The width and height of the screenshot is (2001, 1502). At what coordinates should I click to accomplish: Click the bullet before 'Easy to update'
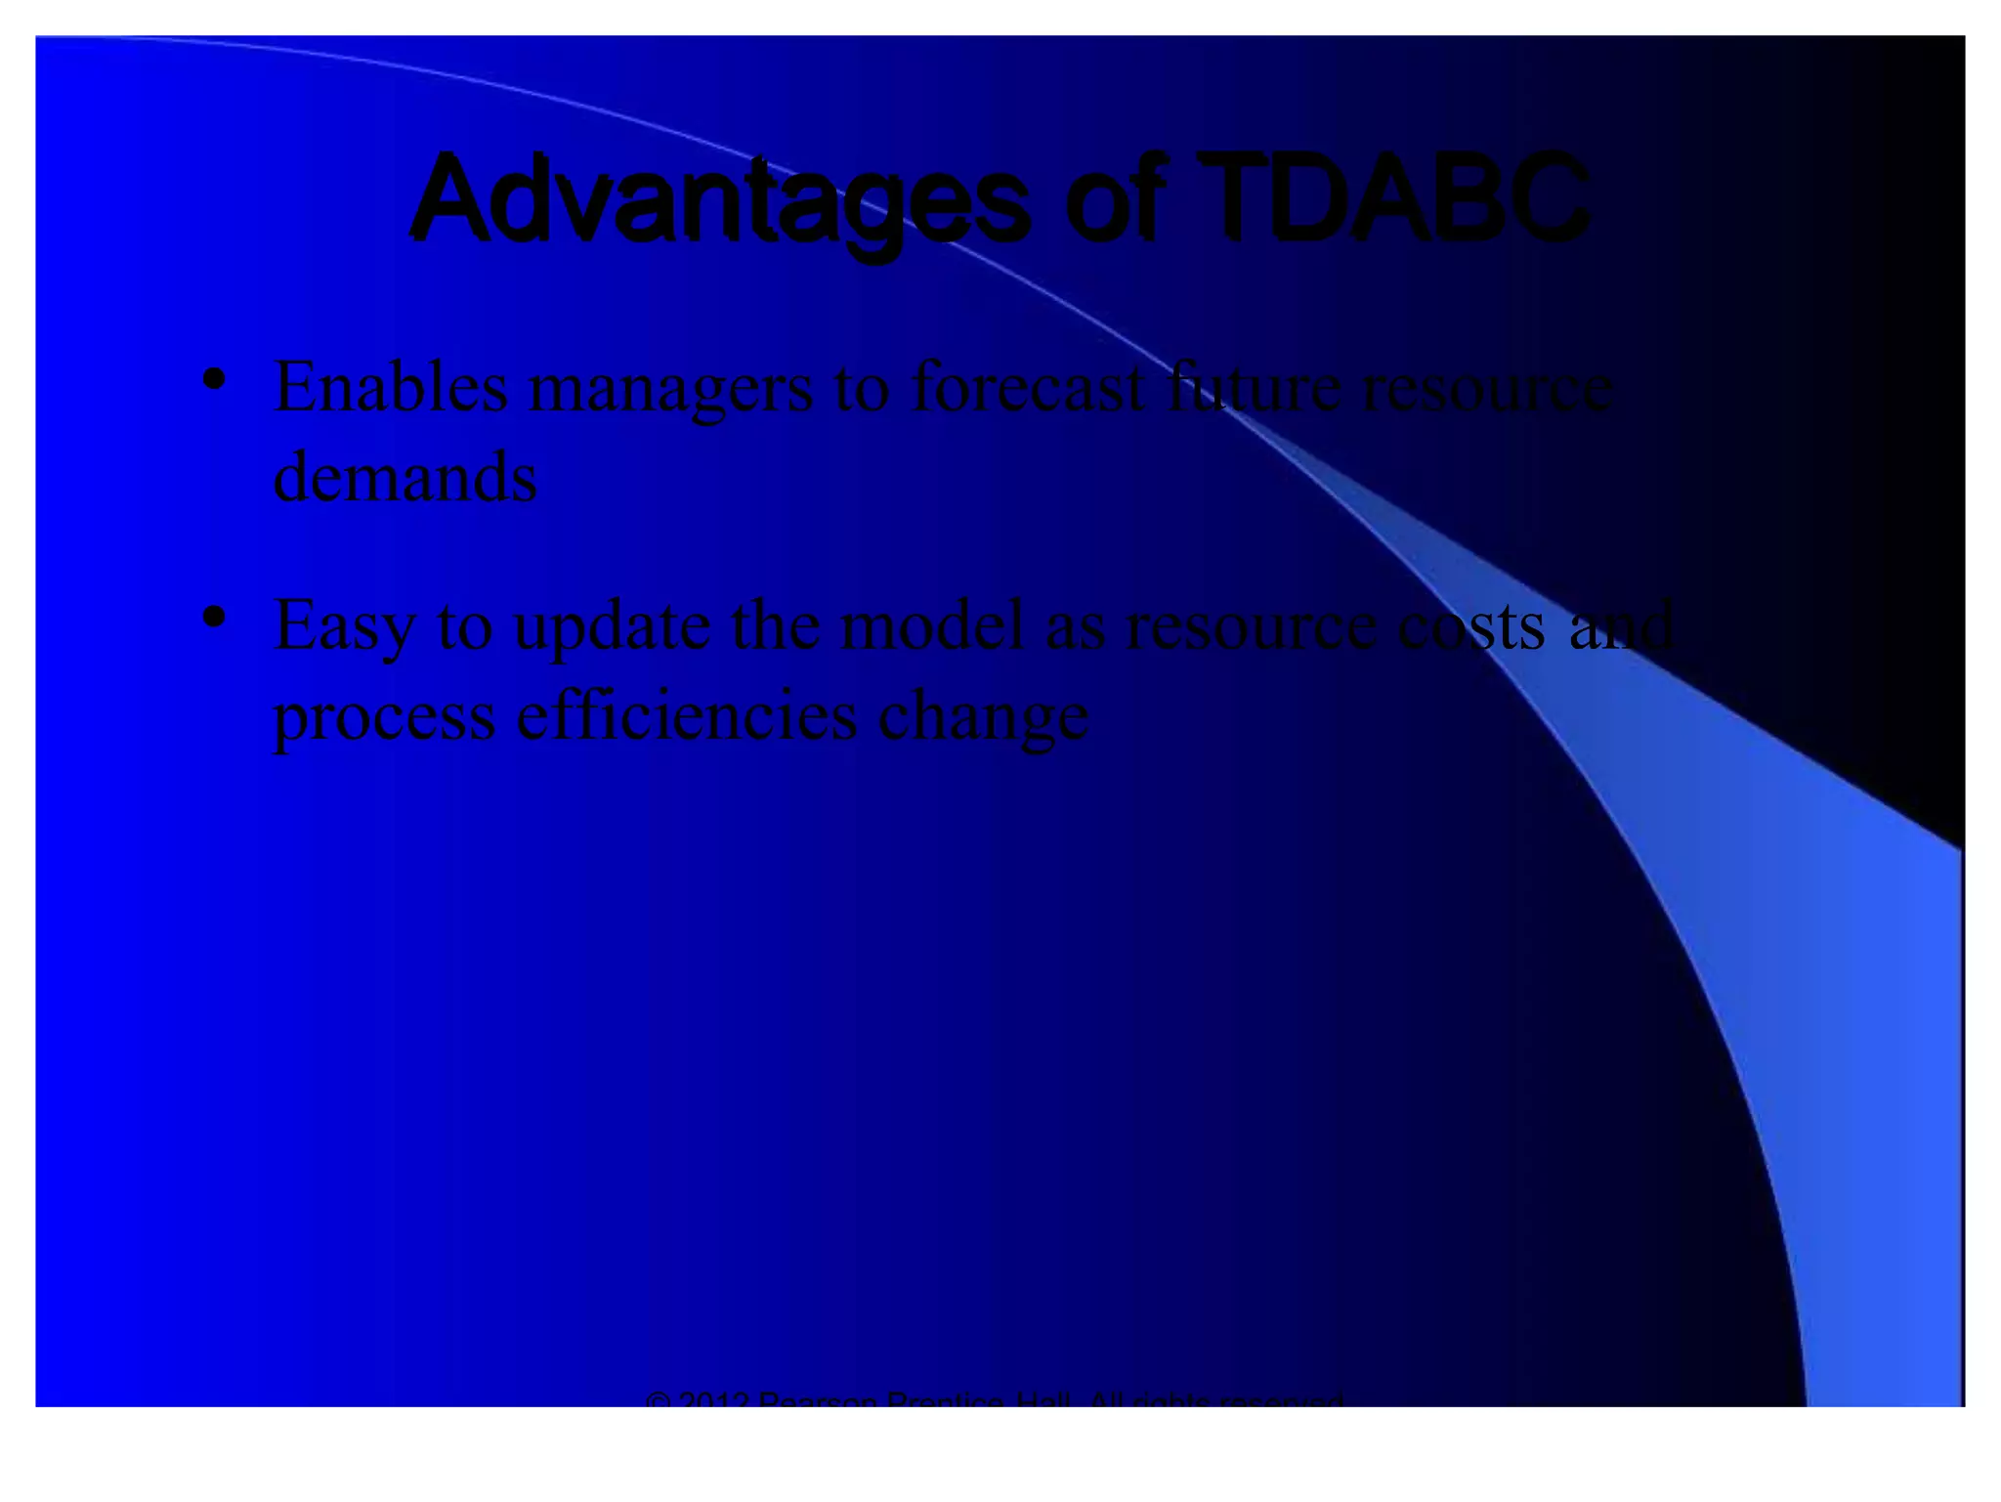214,618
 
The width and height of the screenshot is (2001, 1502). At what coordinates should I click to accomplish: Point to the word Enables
391,387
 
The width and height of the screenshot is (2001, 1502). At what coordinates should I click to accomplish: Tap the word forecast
1027,387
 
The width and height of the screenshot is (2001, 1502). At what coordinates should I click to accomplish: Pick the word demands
404,478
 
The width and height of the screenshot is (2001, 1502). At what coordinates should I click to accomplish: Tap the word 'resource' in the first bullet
1487,389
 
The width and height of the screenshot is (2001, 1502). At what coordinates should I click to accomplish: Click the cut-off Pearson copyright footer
995,1399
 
